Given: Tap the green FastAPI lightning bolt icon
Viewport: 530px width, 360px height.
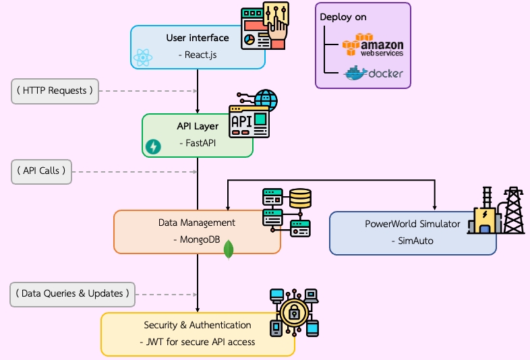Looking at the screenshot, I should tap(154, 146).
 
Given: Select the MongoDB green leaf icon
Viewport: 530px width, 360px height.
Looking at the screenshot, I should tap(229, 249).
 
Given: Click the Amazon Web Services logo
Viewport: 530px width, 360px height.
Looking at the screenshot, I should tap(373, 47).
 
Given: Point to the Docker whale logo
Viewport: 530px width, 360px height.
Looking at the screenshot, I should tap(373, 73).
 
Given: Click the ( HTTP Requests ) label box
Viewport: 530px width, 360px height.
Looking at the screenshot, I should tap(55, 91).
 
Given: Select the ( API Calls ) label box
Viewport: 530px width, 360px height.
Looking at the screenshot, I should tap(42, 171).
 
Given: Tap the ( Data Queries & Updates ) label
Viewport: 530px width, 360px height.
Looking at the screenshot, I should tap(72, 293).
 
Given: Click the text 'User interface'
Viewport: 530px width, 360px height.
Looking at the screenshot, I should tap(198, 38).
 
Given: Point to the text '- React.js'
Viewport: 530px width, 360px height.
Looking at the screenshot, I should tap(198, 55).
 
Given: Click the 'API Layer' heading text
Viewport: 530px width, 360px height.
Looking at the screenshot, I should tap(198, 126).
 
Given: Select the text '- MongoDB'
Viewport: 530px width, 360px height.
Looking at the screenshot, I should tap(197, 239).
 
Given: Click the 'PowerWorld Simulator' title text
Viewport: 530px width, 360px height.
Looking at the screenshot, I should tap(413, 224).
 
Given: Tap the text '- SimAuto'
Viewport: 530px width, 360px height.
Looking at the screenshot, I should tap(413, 241).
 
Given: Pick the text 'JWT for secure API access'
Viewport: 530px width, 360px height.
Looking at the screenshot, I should tap(200, 342).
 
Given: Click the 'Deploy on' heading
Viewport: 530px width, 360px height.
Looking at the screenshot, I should tap(343, 17).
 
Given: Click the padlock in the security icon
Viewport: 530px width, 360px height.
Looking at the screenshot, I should tap(294, 312).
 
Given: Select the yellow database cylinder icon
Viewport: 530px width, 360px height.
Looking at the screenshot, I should tap(300, 198).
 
